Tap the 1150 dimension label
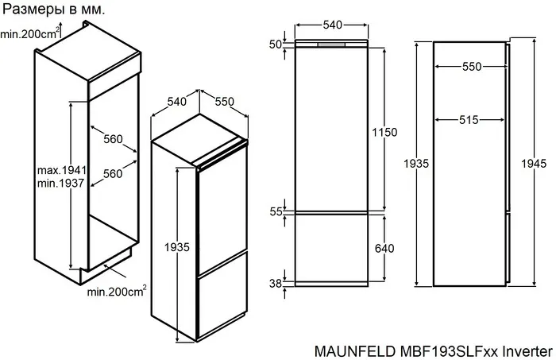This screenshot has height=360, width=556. tap(384, 133)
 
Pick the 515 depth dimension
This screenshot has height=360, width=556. tap(469, 120)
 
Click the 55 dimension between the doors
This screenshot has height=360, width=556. tap(276, 212)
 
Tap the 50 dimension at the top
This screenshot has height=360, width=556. tap(276, 45)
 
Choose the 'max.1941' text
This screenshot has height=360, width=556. tap(61, 171)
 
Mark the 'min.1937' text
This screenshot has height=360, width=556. tap(61, 184)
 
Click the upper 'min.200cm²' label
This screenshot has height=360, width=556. tap(30, 33)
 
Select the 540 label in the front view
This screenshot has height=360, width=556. tap(332, 25)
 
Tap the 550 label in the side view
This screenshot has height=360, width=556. tap(472, 68)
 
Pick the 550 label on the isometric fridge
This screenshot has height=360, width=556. tap(225, 102)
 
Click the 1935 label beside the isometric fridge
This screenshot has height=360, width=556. tap(178, 248)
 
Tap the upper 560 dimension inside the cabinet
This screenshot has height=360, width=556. tap(113, 140)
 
